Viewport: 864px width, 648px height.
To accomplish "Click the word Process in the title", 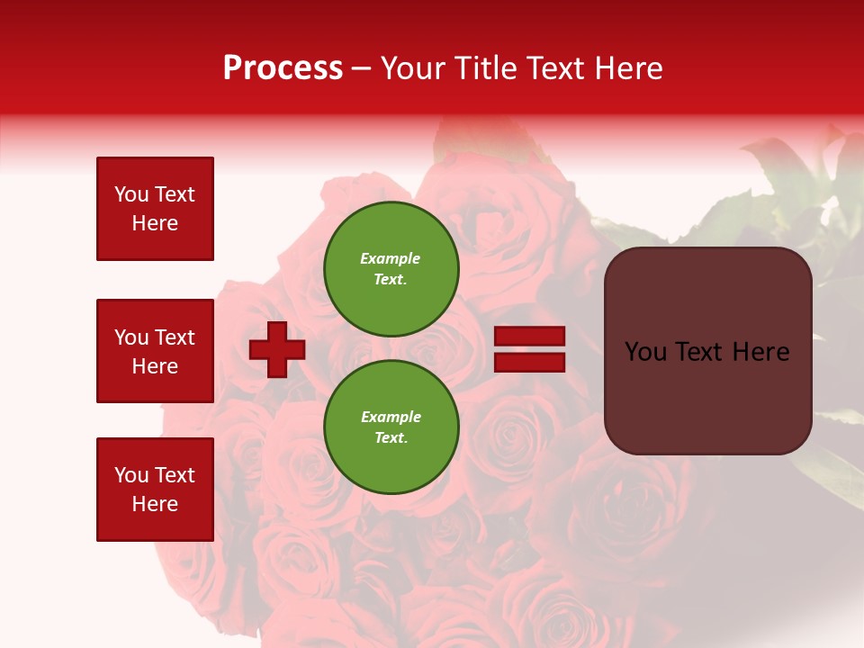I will point(283,68).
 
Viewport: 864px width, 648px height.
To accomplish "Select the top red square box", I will point(155,209).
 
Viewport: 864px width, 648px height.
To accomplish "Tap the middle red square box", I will point(155,351).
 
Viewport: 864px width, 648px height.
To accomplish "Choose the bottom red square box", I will point(155,490).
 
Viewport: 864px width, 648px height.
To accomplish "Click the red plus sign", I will point(277,349).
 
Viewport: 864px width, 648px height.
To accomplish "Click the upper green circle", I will point(391,269).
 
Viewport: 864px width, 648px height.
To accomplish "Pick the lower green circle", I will point(391,427).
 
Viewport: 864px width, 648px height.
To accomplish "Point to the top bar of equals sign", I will point(530,337).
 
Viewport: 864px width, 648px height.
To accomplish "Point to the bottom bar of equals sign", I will point(530,362).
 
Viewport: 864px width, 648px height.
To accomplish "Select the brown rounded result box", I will point(707,351).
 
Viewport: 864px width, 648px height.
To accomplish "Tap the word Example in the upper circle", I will point(391,258).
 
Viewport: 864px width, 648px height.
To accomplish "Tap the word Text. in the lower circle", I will point(391,438).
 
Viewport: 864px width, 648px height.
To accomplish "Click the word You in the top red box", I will point(131,194).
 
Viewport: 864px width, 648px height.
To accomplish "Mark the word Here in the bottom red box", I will point(155,505).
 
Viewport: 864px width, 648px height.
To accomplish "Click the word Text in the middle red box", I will point(175,337).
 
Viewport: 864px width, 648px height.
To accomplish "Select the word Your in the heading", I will point(413,68).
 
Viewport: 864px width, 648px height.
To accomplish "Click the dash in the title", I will point(361,70).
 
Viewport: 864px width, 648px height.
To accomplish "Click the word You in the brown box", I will point(645,352).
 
